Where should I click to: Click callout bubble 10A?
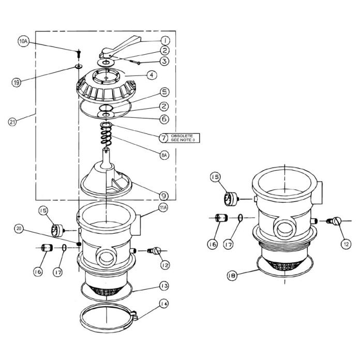tap(24, 41)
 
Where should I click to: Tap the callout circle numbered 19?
tap(18, 82)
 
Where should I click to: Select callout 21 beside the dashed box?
tap(13, 122)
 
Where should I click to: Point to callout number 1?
tap(164, 40)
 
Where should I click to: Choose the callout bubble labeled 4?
tap(152, 75)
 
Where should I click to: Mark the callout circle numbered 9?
tap(163, 195)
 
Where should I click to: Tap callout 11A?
tap(163, 209)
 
